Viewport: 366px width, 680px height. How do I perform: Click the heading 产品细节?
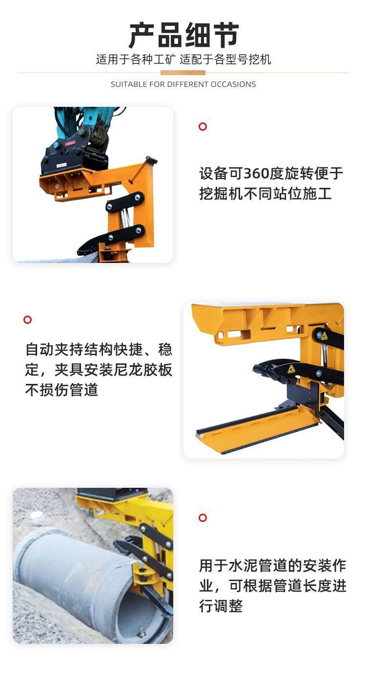tap(183, 35)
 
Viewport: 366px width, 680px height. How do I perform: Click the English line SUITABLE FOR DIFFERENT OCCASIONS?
tap(183, 84)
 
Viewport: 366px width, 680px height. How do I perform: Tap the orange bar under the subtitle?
tap(183, 73)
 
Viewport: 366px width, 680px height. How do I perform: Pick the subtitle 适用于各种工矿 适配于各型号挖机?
tap(183, 59)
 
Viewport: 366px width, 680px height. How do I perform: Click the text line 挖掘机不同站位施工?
tap(265, 194)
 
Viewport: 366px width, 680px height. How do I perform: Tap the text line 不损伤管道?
tap(61, 390)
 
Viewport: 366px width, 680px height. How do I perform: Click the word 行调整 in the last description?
tap(221, 606)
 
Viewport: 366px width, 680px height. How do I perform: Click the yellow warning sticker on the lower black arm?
tap(291, 369)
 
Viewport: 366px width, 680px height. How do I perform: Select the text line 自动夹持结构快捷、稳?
tap(99, 349)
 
